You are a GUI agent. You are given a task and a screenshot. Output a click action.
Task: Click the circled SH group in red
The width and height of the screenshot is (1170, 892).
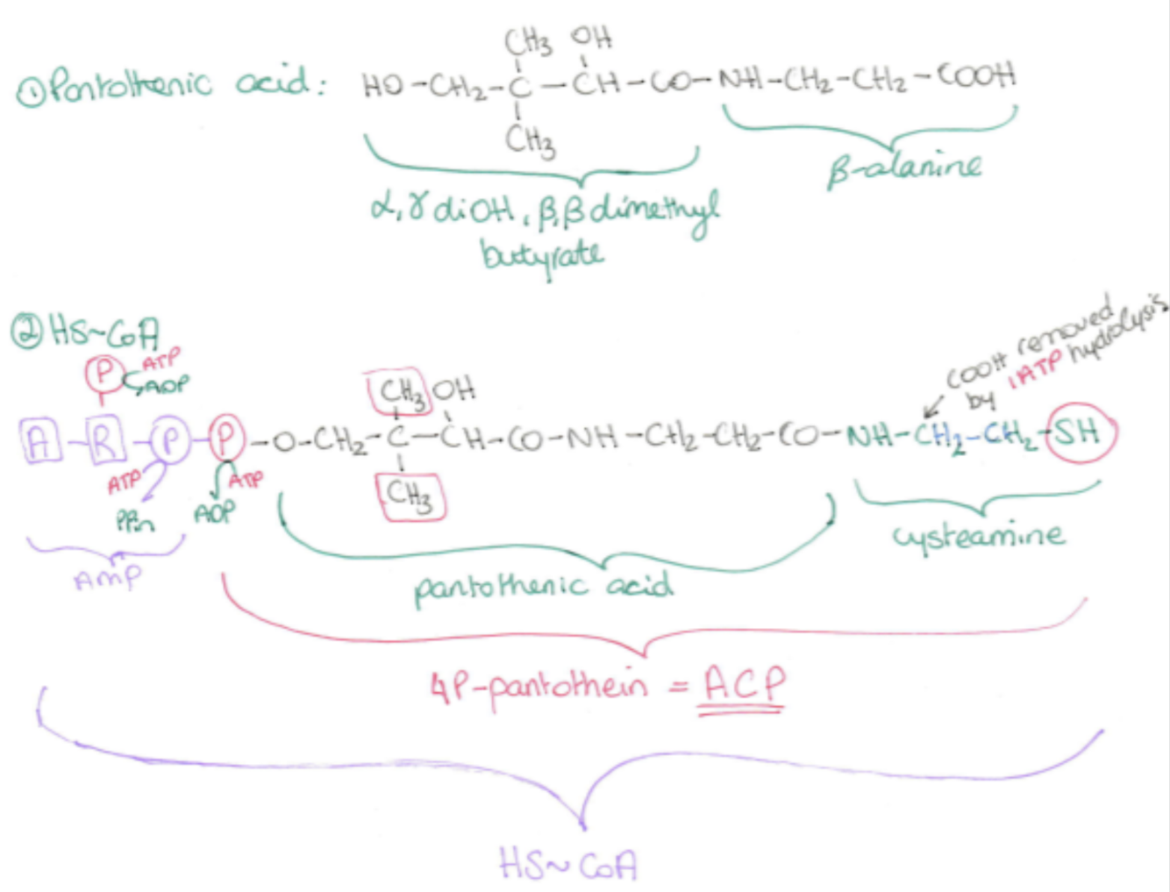pyautogui.click(x=1085, y=432)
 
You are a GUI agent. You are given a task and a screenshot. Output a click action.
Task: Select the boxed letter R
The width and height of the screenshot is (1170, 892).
pyautogui.click(x=103, y=441)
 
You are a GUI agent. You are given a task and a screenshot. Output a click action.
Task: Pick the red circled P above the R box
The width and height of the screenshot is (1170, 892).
pyautogui.click(x=104, y=374)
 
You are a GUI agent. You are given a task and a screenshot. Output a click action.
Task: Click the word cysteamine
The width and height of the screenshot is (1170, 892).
pyautogui.click(x=979, y=535)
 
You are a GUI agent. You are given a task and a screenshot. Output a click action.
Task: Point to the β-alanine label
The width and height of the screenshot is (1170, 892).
pyautogui.click(x=903, y=167)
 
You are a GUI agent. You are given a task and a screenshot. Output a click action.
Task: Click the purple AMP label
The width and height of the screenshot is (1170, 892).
pyautogui.click(x=107, y=577)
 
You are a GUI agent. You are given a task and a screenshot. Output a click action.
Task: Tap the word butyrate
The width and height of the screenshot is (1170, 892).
pyautogui.click(x=541, y=255)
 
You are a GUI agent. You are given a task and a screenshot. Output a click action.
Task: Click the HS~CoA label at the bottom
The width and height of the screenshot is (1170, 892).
pyautogui.click(x=567, y=864)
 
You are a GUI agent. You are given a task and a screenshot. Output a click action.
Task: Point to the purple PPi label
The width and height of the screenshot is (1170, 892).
pyautogui.click(x=134, y=522)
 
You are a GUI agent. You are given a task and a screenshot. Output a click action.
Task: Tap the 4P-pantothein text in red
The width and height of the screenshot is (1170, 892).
pyautogui.click(x=539, y=687)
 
